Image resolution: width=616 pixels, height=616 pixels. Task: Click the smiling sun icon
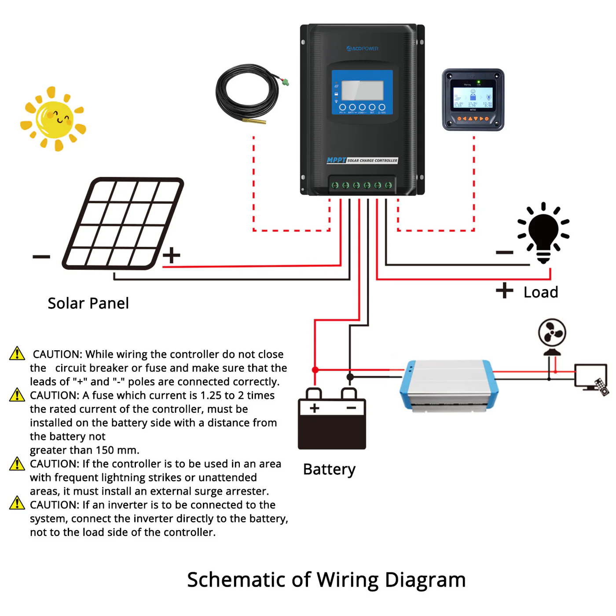click(54, 119)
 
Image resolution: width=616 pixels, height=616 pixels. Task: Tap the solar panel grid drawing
click(123, 224)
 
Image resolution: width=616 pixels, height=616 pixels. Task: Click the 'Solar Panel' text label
click(88, 303)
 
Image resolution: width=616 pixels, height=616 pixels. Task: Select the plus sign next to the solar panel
click(172, 255)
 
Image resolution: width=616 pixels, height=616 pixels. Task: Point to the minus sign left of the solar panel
click(41, 257)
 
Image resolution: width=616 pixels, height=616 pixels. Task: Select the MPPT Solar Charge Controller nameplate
click(362, 160)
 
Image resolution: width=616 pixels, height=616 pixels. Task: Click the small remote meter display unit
click(473, 99)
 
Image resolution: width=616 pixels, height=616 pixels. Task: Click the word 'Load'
click(541, 292)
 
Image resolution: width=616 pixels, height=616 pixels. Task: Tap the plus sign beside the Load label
click(504, 290)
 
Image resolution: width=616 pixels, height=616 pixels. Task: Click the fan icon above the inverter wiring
click(552, 334)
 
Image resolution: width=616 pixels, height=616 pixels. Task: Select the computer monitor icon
click(590, 376)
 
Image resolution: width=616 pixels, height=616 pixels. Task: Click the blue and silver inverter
click(449, 385)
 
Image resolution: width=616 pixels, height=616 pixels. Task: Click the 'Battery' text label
click(329, 469)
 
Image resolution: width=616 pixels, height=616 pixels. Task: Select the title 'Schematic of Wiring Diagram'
click(326, 579)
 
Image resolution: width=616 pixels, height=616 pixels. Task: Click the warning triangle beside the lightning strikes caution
click(17, 464)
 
